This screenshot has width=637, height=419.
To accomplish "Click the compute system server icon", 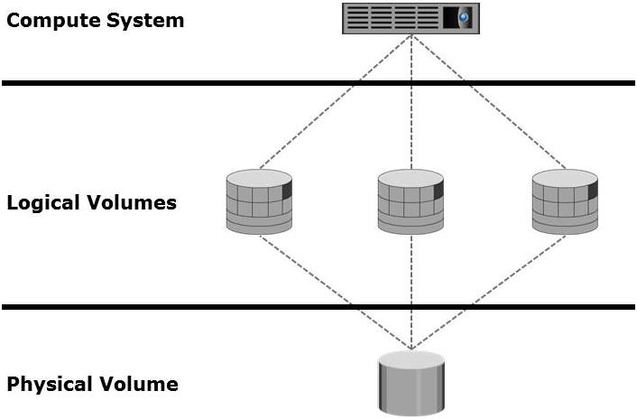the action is pos(411,18).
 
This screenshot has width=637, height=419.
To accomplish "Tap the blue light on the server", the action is pos(464,17).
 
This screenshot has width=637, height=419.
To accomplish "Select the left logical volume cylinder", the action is pos(259,201).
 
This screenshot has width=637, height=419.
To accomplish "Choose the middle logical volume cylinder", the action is pos(411,201).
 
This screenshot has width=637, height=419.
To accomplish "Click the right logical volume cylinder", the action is pos(565,201).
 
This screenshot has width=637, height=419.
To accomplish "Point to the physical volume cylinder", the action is pos(411,382).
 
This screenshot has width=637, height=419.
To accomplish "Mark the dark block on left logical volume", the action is pos(287,191).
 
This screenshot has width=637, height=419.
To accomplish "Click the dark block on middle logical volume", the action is pos(439,191).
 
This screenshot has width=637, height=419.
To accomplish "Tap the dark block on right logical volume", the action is pos(593,191).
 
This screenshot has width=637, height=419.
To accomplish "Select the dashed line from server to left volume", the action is pos(336,102).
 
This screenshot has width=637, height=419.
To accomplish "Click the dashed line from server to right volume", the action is pos(488,102).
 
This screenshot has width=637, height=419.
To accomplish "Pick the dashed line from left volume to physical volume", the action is pos(336,292).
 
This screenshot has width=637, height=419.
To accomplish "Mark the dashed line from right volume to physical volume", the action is pos(488,292).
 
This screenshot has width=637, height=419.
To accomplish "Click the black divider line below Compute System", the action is pos(318,83).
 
